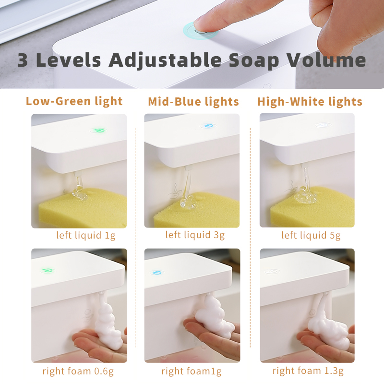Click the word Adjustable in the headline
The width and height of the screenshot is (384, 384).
click(165, 60)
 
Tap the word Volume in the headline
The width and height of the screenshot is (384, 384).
click(326, 60)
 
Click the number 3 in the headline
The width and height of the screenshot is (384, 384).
click(23, 60)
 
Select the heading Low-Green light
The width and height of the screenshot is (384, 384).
click(74, 101)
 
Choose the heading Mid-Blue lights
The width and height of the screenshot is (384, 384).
click(193, 102)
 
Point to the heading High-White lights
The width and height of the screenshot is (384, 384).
click(310, 102)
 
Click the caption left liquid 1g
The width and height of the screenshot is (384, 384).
click(86, 235)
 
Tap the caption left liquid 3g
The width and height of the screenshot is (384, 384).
click(195, 235)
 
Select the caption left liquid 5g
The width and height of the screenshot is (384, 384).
click(311, 235)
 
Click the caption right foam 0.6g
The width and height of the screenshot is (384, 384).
click(78, 371)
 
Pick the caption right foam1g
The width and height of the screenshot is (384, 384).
click(192, 371)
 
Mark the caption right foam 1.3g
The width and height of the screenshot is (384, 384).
click(308, 371)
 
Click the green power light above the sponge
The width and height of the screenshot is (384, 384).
click(99, 130)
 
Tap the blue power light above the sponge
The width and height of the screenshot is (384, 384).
click(209, 126)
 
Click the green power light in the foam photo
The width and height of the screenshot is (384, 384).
click(48, 271)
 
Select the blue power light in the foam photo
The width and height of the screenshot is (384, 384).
click(157, 273)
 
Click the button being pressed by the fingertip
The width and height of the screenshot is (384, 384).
click(200, 31)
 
